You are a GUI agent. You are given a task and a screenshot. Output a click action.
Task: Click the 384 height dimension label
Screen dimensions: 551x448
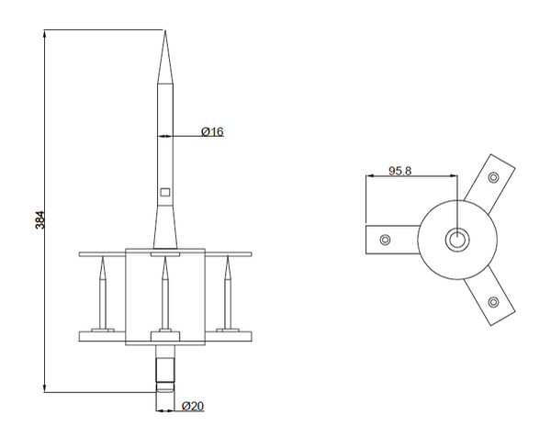(40, 220)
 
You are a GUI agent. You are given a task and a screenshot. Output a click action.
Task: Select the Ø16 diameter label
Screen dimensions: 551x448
(212, 132)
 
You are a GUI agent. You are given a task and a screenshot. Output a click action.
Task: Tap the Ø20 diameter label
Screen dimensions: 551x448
(193, 406)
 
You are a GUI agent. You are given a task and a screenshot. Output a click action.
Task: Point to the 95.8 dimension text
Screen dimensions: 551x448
(399, 171)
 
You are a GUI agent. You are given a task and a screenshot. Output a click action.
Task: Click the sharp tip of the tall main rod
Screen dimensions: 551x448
(165, 31)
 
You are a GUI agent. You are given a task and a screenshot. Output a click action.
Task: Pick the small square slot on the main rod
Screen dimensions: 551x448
(164, 192)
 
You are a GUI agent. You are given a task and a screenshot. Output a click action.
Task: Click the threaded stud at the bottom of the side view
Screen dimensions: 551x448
(165, 368)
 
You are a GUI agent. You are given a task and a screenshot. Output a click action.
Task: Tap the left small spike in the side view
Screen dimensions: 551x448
(103, 293)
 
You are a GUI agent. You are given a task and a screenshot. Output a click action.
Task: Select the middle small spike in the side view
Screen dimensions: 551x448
(164, 293)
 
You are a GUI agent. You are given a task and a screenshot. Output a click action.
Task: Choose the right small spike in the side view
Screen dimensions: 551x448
(228, 293)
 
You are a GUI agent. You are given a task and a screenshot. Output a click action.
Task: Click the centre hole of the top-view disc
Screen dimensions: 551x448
(457, 240)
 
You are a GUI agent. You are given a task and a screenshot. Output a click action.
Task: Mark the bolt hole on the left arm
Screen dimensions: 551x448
(386, 240)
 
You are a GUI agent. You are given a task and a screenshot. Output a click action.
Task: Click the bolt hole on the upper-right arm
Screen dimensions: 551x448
(493, 177)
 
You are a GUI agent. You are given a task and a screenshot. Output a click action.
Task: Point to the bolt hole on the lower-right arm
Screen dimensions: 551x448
(493, 302)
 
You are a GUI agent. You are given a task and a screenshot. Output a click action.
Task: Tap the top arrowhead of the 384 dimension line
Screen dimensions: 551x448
(45, 34)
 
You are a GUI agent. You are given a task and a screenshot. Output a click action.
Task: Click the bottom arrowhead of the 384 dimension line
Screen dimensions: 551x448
(45, 388)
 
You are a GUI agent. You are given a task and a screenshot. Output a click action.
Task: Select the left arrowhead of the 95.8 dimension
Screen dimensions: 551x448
(370, 175)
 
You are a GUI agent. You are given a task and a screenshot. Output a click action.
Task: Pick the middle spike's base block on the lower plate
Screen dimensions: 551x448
(165, 336)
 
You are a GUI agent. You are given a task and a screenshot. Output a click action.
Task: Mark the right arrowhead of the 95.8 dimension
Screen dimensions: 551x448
(454, 175)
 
